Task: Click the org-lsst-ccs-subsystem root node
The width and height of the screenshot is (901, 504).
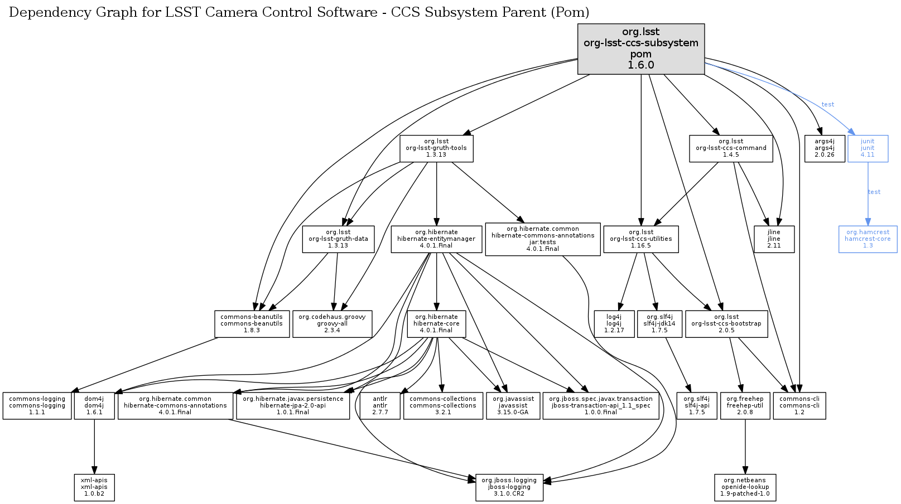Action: [640, 49]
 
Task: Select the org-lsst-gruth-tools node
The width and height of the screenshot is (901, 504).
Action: [436, 148]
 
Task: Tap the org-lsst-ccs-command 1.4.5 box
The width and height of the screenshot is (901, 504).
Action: [731, 148]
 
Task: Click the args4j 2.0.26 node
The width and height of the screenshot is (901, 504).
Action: [825, 148]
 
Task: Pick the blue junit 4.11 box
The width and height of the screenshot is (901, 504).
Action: [868, 148]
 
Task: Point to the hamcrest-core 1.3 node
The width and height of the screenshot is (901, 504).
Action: [868, 239]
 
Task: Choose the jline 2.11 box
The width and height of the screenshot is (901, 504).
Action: [774, 239]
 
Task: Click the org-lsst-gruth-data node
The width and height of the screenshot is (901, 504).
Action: [338, 239]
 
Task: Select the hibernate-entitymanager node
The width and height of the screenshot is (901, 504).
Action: [436, 239]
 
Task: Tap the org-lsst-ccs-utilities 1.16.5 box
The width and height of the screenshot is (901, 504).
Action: [641, 239]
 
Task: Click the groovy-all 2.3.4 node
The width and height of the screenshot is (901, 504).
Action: [332, 324]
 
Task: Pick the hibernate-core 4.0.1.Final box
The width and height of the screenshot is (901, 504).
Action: [436, 324]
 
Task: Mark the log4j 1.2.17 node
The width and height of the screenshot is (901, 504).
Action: [614, 324]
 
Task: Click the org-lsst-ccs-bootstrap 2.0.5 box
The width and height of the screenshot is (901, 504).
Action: [726, 324]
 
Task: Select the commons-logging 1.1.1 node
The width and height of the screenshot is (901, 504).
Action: [37, 406]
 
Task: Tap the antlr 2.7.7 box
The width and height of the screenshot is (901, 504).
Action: [380, 406]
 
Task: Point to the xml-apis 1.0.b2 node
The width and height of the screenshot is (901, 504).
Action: [94, 487]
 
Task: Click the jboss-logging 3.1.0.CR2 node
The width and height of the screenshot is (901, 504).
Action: [509, 487]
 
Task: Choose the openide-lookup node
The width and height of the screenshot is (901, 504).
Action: [745, 487]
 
